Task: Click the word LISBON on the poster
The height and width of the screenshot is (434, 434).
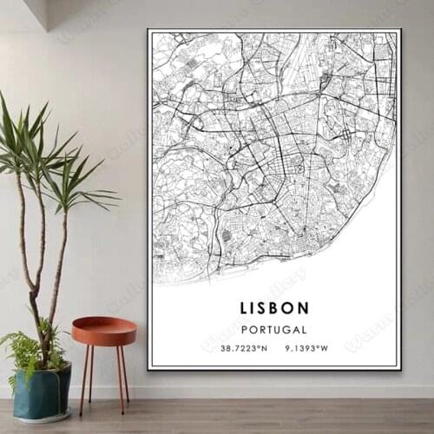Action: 273,307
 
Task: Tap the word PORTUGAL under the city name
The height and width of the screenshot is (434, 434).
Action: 273,330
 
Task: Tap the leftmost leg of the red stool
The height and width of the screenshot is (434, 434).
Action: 83,378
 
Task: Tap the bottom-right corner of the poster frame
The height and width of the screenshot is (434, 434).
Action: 401,369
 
